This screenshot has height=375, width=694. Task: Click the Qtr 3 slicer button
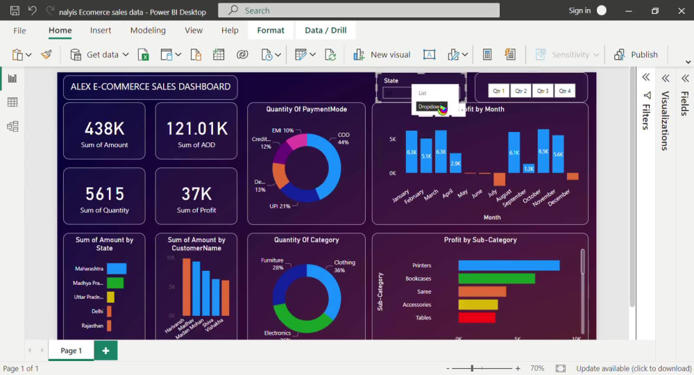(x=543, y=91)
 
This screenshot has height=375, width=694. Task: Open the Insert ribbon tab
(x=101, y=31)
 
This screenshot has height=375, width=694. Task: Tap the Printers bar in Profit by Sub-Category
(x=509, y=265)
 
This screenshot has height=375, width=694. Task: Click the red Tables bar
(x=477, y=317)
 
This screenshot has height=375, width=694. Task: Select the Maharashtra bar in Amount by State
(x=117, y=268)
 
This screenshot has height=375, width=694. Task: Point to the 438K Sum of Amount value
(x=104, y=128)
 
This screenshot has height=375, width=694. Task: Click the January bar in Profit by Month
(x=412, y=151)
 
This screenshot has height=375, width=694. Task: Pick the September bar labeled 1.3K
(x=529, y=168)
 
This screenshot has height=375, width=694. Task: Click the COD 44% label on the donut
(x=344, y=138)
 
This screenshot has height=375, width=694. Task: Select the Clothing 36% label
(x=344, y=266)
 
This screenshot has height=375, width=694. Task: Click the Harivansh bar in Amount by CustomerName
(x=186, y=286)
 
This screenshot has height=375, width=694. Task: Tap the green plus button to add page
(x=106, y=351)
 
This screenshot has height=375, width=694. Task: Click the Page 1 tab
(x=71, y=351)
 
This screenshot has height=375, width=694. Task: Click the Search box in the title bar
(x=359, y=10)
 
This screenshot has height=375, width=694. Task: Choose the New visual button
(x=382, y=55)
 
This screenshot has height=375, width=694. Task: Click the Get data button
(x=95, y=55)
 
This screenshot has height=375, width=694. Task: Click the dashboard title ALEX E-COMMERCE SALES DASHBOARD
(x=151, y=87)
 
